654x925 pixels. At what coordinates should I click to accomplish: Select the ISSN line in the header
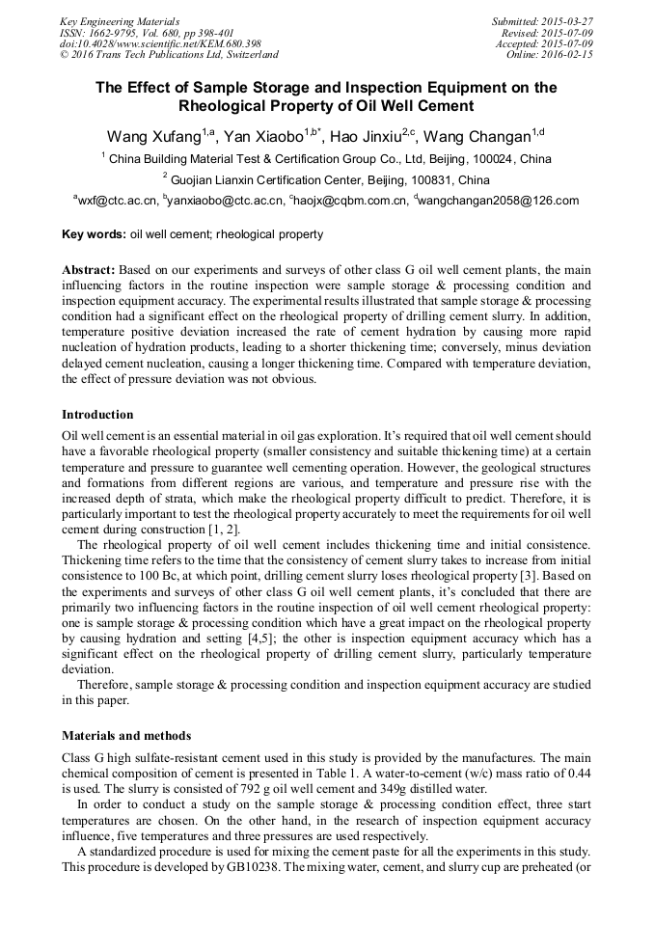(146, 32)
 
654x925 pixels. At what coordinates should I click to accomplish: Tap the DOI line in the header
(160, 43)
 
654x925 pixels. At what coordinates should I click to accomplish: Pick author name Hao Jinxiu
(366, 137)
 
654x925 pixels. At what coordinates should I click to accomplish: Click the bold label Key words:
(94, 234)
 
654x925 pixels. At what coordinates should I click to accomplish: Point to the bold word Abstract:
(89, 270)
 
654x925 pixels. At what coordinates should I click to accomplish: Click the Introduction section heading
(97, 415)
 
